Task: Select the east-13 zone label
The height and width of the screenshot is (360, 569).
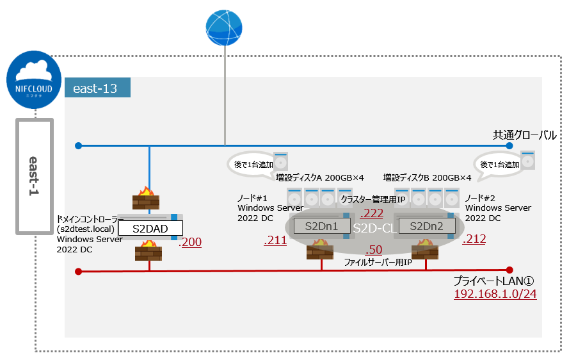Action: (x=95, y=88)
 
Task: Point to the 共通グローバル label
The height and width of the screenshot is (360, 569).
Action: (x=524, y=135)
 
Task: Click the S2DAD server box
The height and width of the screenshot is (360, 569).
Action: (x=149, y=228)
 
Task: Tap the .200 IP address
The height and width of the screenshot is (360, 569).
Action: (x=190, y=242)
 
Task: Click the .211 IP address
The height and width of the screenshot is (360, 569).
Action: (x=276, y=240)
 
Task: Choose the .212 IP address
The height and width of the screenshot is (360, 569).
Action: (x=474, y=240)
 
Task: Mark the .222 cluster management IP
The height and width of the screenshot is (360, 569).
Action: (x=373, y=213)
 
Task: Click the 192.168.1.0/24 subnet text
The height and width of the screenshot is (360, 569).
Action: (x=495, y=294)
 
